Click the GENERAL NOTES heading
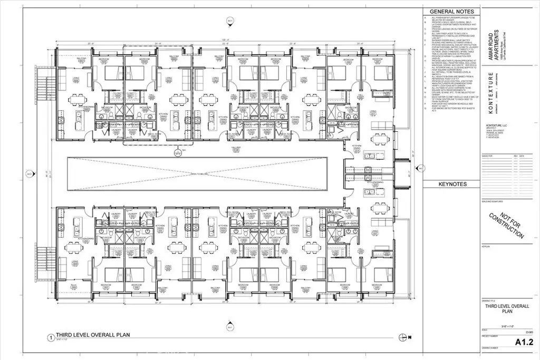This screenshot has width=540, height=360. click(451, 11)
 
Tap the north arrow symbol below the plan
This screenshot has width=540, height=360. click(404, 337)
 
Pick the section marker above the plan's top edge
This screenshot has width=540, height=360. click(229, 21)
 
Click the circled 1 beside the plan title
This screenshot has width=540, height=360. click(51, 337)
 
